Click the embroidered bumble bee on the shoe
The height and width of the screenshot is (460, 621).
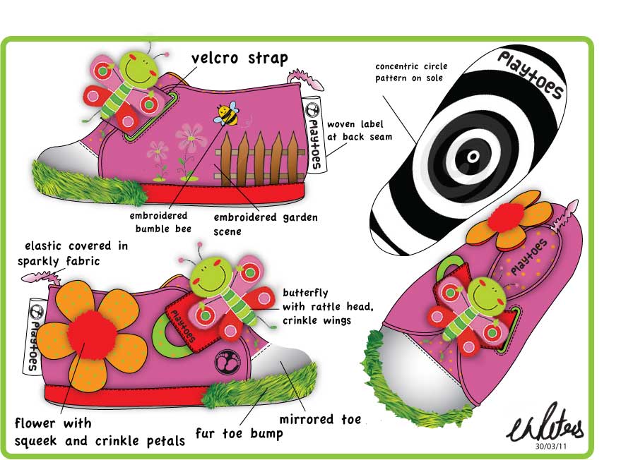click(227, 113)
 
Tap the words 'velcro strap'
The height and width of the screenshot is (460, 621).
click(239, 59)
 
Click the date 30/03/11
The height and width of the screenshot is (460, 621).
click(550, 447)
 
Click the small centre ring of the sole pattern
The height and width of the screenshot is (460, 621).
click(473, 156)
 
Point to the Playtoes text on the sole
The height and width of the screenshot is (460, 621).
click(531, 75)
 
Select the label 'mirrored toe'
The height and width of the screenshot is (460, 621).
click(320, 419)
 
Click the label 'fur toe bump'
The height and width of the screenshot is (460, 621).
click(239, 433)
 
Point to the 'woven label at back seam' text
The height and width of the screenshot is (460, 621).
click(360, 131)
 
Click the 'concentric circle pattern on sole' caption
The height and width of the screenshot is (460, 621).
click(411, 72)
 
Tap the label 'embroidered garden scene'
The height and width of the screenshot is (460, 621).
click(266, 224)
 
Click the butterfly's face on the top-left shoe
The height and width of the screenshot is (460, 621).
click(138, 68)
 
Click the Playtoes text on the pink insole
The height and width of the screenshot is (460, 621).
click(529, 257)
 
